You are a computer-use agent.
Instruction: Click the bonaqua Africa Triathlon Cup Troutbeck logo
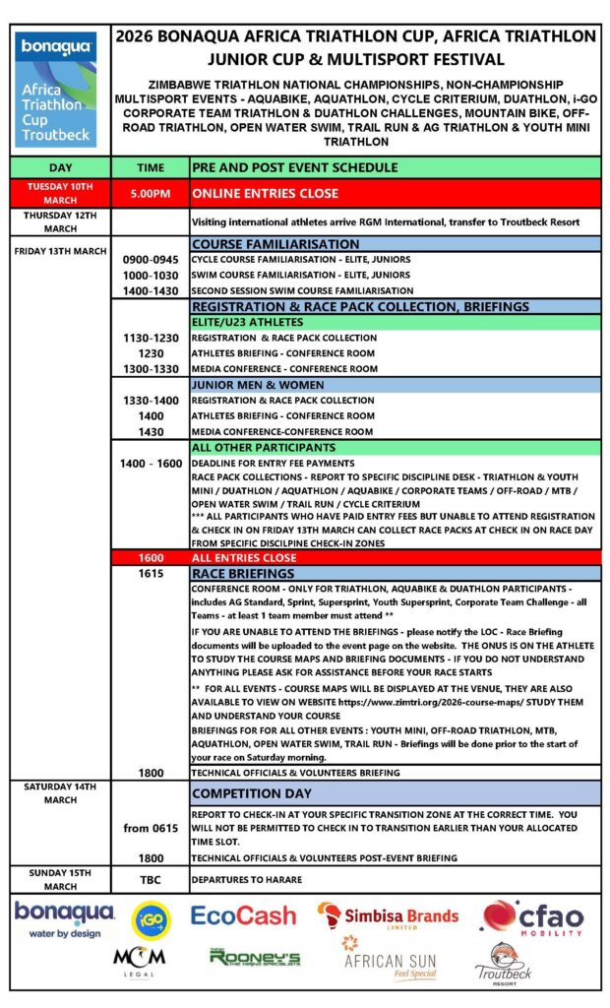pyautogui.click(x=55, y=89)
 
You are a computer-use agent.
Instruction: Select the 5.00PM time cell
pyautogui.click(x=151, y=193)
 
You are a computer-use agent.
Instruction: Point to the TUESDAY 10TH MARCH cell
pyautogui.click(x=60, y=193)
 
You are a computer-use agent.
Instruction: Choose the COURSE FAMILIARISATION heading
pyautogui.click(x=275, y=243)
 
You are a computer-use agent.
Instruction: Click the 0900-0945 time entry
pyautogui.click(x=151, y=259)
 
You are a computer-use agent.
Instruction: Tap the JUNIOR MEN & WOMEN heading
pyautogui.click(x=257, y=385)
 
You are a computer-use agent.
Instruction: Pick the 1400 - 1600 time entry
pyautogui.click(x=151, y=463)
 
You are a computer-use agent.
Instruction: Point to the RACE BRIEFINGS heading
pyautogui.click(x=243, y=573)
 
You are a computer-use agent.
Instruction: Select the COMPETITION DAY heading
pyautogui.click(x=253, y=793)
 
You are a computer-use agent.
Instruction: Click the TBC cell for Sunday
pyautogui.click(x=151, y=879)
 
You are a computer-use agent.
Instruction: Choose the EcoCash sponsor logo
pyautogui.click(x=243, y=915)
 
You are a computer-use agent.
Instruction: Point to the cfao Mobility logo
pyautogui.click(x=532, y=916)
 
